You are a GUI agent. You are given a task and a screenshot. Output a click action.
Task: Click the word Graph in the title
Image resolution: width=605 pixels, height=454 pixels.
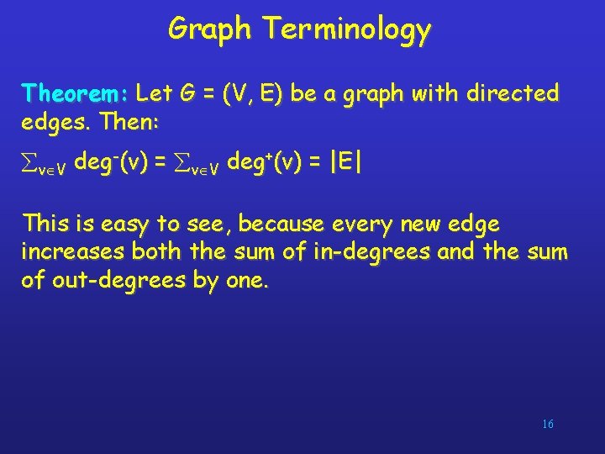pos(210,29)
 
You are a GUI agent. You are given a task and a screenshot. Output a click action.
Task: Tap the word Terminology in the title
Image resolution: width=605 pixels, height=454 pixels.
pos(347,29)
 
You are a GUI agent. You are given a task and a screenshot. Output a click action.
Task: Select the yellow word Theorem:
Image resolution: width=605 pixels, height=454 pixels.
pos(75,92)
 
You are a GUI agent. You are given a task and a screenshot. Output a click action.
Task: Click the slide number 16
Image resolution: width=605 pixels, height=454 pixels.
pos(547,424)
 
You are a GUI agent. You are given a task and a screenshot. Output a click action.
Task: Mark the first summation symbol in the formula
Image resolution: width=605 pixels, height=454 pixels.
pos(31,162)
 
